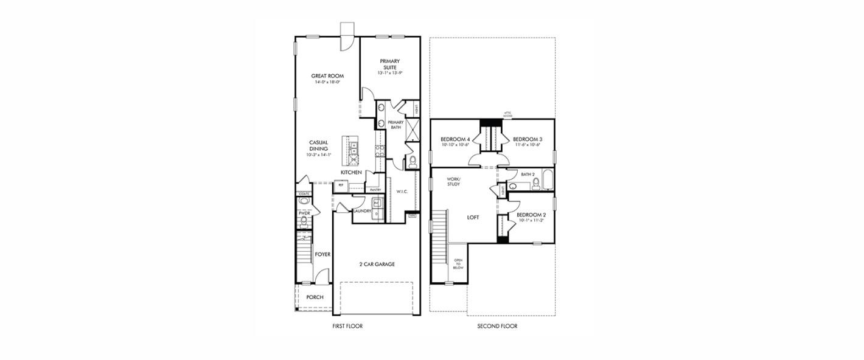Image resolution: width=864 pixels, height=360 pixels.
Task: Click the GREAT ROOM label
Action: (x=328, y=76)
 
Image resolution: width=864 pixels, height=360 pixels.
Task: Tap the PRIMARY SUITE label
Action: (x=389, y=64)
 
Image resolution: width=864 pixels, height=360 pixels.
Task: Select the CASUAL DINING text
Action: (x=318, y=145)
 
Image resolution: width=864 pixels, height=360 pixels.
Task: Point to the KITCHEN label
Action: (x=351, y=173)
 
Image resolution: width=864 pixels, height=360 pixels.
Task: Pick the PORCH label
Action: (x=315, y=297)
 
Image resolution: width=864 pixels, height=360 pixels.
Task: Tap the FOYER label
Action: (x=322, y=254)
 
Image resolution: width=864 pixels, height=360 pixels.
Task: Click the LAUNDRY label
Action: (x=363, y=211)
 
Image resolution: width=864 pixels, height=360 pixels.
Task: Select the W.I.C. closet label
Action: (x=402, y=192)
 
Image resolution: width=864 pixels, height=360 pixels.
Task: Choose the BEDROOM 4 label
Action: (x=454, y=139)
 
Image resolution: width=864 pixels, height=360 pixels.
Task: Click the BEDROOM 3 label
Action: (x=528, y=139)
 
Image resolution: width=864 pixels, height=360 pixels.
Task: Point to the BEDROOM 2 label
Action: (x=531, y=215)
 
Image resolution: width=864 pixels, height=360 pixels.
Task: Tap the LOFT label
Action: (x=473, y=217)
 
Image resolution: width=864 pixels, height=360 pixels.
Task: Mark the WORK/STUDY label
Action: (x=453, y=181)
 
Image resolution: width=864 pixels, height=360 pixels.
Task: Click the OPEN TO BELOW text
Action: (x=458, y=264)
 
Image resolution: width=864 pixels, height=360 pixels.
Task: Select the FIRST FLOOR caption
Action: (x=347, y=327)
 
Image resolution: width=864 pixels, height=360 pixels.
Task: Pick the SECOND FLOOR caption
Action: (x=497, y=327)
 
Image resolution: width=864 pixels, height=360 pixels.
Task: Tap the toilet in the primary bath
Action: (x=412, y=162)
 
